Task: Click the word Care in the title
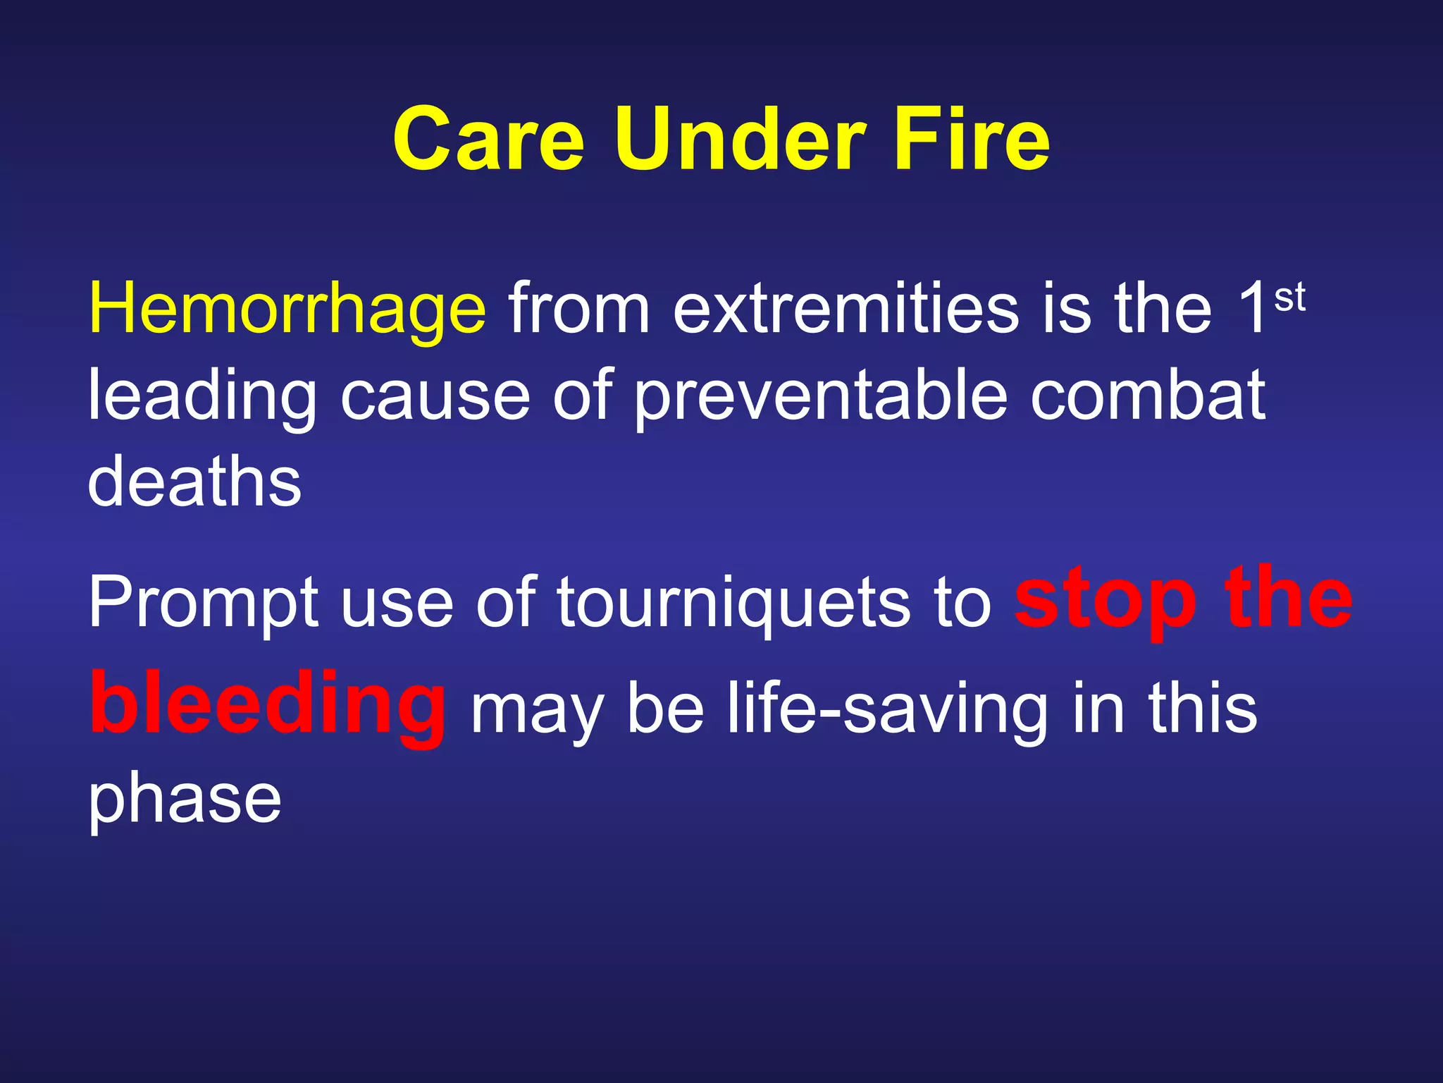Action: click(x=488, y=139)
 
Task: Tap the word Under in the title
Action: click(x=739, y=139)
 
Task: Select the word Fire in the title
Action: click(x=972, y=139)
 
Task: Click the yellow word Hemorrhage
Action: click(x=287, y=309)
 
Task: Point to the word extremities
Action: click(x=846, y=309)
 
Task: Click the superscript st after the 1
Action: click(x=1289, y=298)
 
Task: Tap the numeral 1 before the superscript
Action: click(x=1253, y=309)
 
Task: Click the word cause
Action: click(x=435, y=396)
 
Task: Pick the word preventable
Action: click(x=821, y=396)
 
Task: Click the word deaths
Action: click(x=194, y=482)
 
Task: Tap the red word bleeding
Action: click(x=268, y=705)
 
